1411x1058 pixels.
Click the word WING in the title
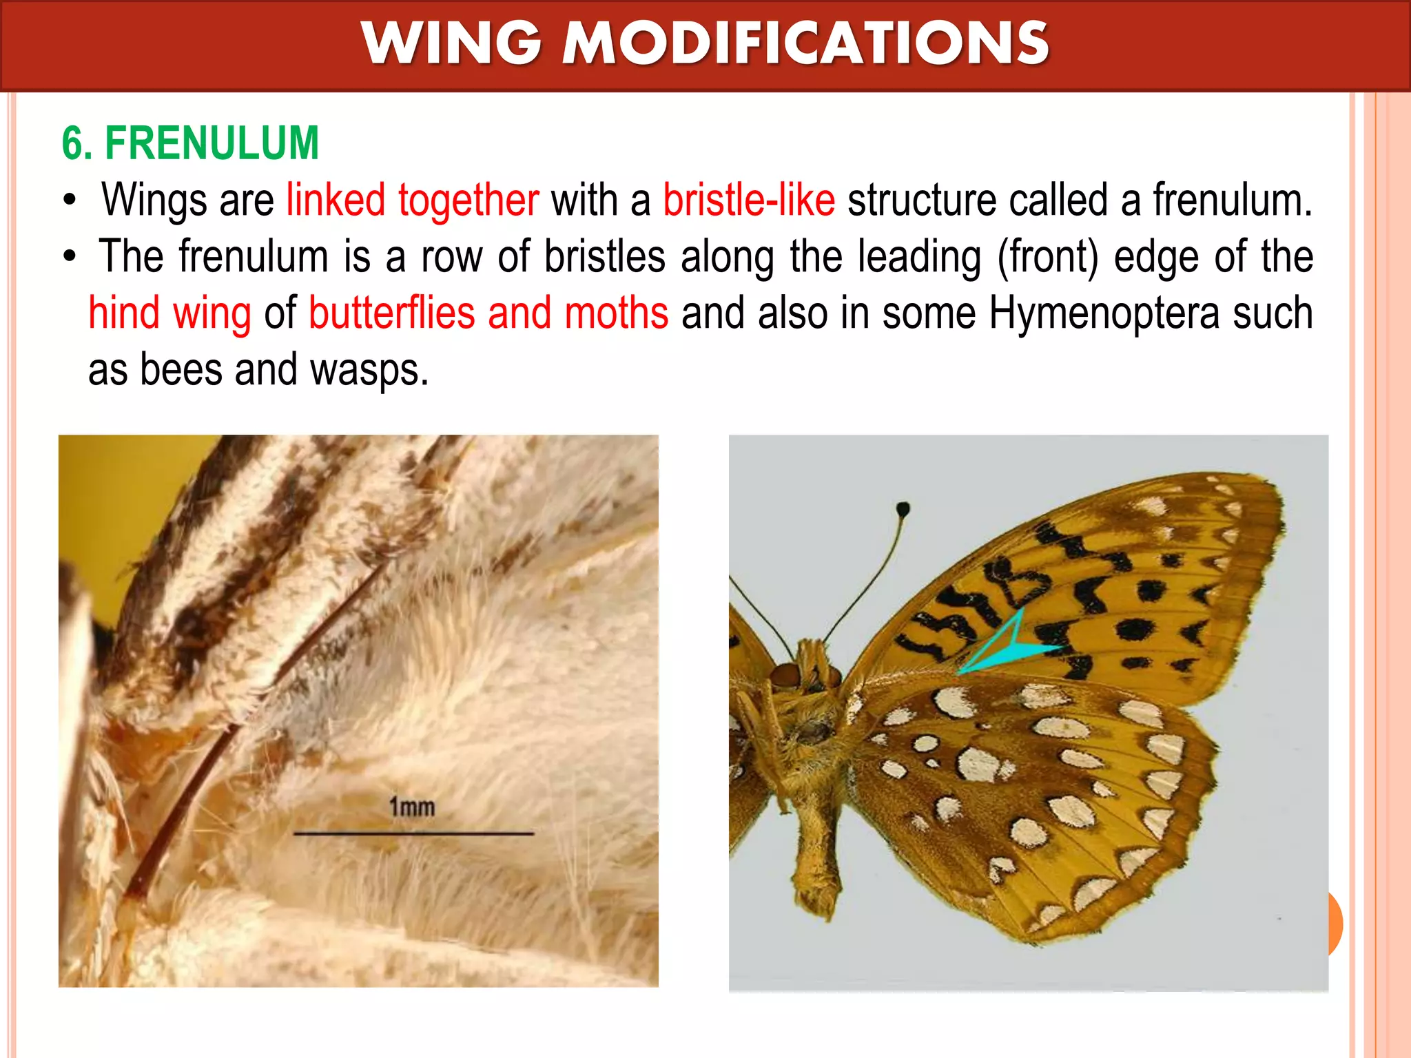click(451, 43)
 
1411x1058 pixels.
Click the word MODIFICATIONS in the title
click(806, 43)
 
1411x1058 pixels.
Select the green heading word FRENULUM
click(212, 143)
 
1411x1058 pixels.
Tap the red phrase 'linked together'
click(412, 200)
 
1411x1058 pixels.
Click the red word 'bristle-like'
click(749, 200)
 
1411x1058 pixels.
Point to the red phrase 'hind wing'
click(169, 313)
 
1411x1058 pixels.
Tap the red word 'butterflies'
click(391, 313)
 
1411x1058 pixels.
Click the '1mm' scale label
click(412, 807)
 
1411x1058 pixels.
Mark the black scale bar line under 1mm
click(413, 833)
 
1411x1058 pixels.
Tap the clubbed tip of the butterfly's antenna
click(903, 510)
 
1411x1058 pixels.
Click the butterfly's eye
click(784, 675)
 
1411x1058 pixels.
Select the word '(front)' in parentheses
click(1048, 257)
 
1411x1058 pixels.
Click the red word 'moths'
click(616, 313)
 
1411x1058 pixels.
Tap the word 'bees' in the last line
click(181, 370)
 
